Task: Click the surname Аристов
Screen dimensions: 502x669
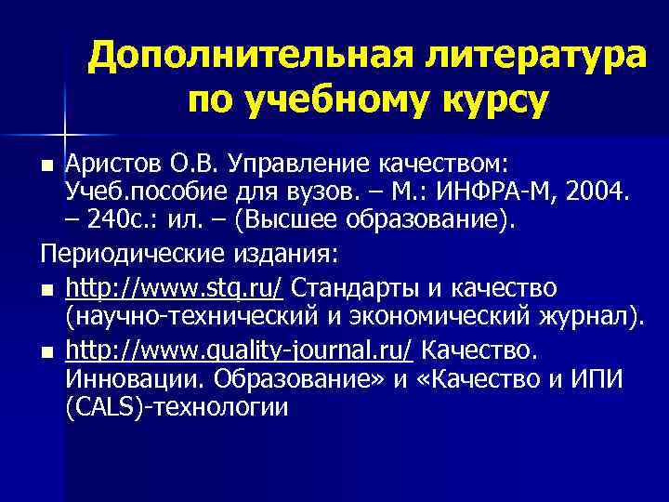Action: click(x=116, y=165)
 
